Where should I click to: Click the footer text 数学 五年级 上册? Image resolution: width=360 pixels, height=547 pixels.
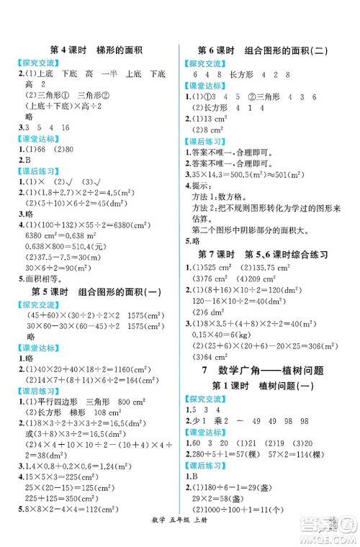180,538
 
